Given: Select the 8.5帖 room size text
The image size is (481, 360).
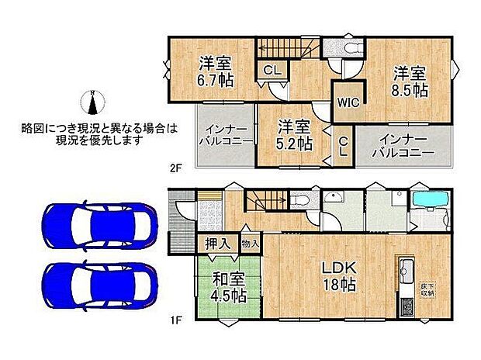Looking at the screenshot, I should coord(410,91).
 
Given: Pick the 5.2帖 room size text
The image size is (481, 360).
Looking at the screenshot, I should coord(295,144).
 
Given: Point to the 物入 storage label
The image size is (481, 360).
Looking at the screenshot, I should coord(251,244).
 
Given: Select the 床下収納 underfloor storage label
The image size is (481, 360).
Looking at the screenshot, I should coord(428,292).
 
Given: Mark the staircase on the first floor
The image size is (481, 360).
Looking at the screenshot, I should coord(268,204).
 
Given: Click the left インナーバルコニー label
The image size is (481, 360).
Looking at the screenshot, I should coord(225,135).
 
